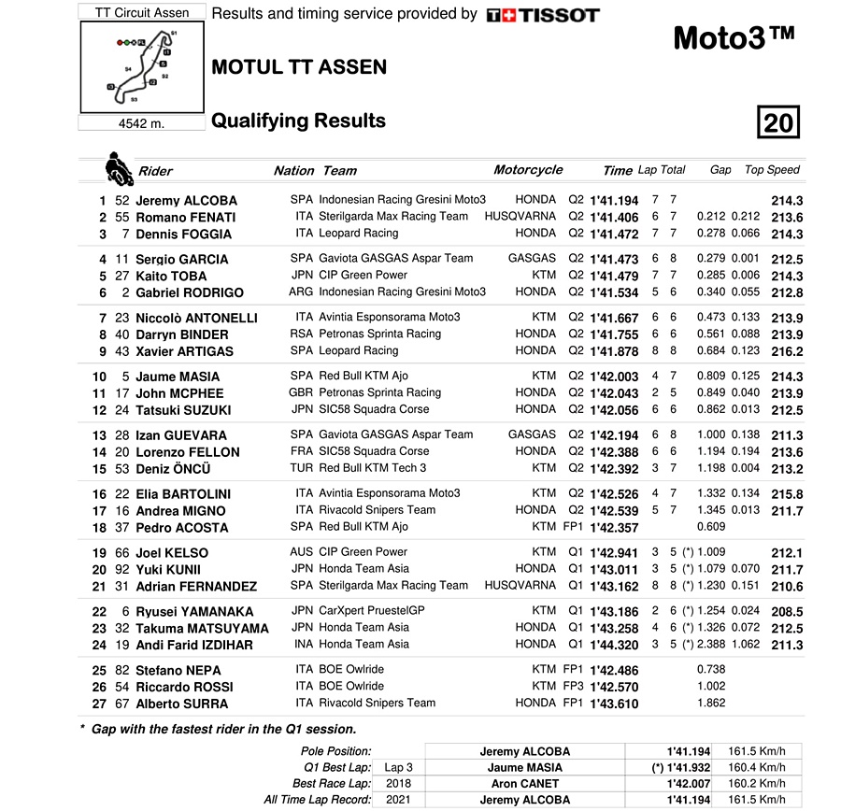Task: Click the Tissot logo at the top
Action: (x=543, y=15)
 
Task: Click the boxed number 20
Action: (x=777, y=122)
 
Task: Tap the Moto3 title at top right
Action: (x=734, y=38)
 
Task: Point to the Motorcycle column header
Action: (x=528, y=170)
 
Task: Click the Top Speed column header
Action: (x=772, y=170)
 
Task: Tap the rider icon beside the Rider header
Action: (x=118, y=169)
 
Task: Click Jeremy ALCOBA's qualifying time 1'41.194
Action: (x=615, y=200)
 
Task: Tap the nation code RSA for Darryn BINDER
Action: (x=301, y=334)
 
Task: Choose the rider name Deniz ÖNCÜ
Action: (x=173, y=469)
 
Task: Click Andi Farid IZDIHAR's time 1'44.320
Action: (x=615, y=644)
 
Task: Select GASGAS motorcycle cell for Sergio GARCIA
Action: (x=532, y=258)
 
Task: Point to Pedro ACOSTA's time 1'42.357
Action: (x=615, y=527)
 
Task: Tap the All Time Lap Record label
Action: (x=318, y=800)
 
